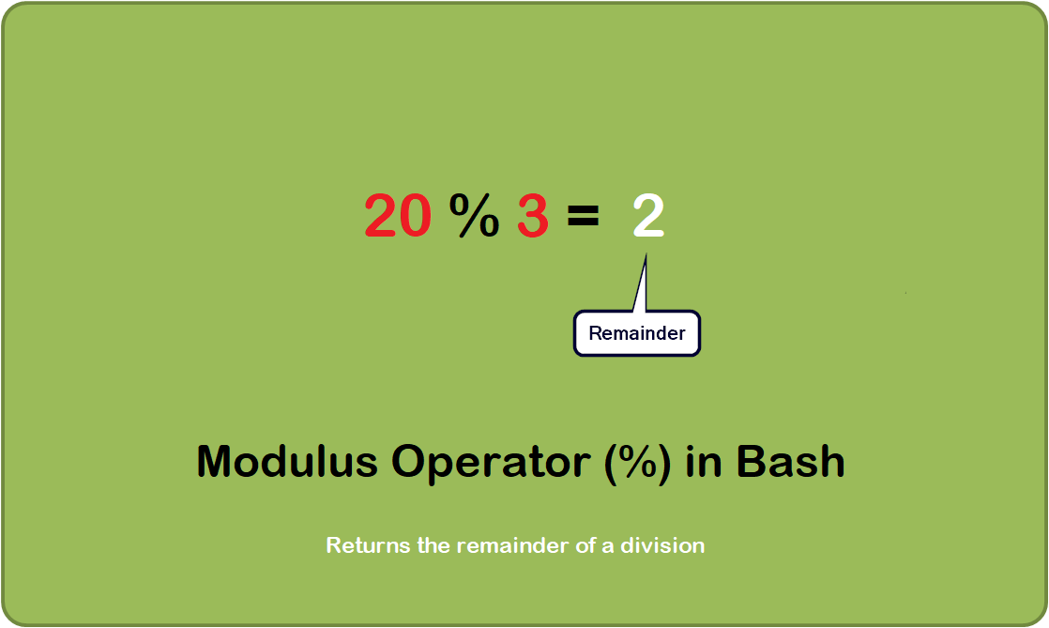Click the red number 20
398,217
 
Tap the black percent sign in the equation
474,217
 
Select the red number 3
532,217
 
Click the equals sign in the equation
583,218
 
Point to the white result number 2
648,217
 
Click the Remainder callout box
637,333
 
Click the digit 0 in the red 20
416,217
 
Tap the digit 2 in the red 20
381,217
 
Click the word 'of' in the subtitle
585,544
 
